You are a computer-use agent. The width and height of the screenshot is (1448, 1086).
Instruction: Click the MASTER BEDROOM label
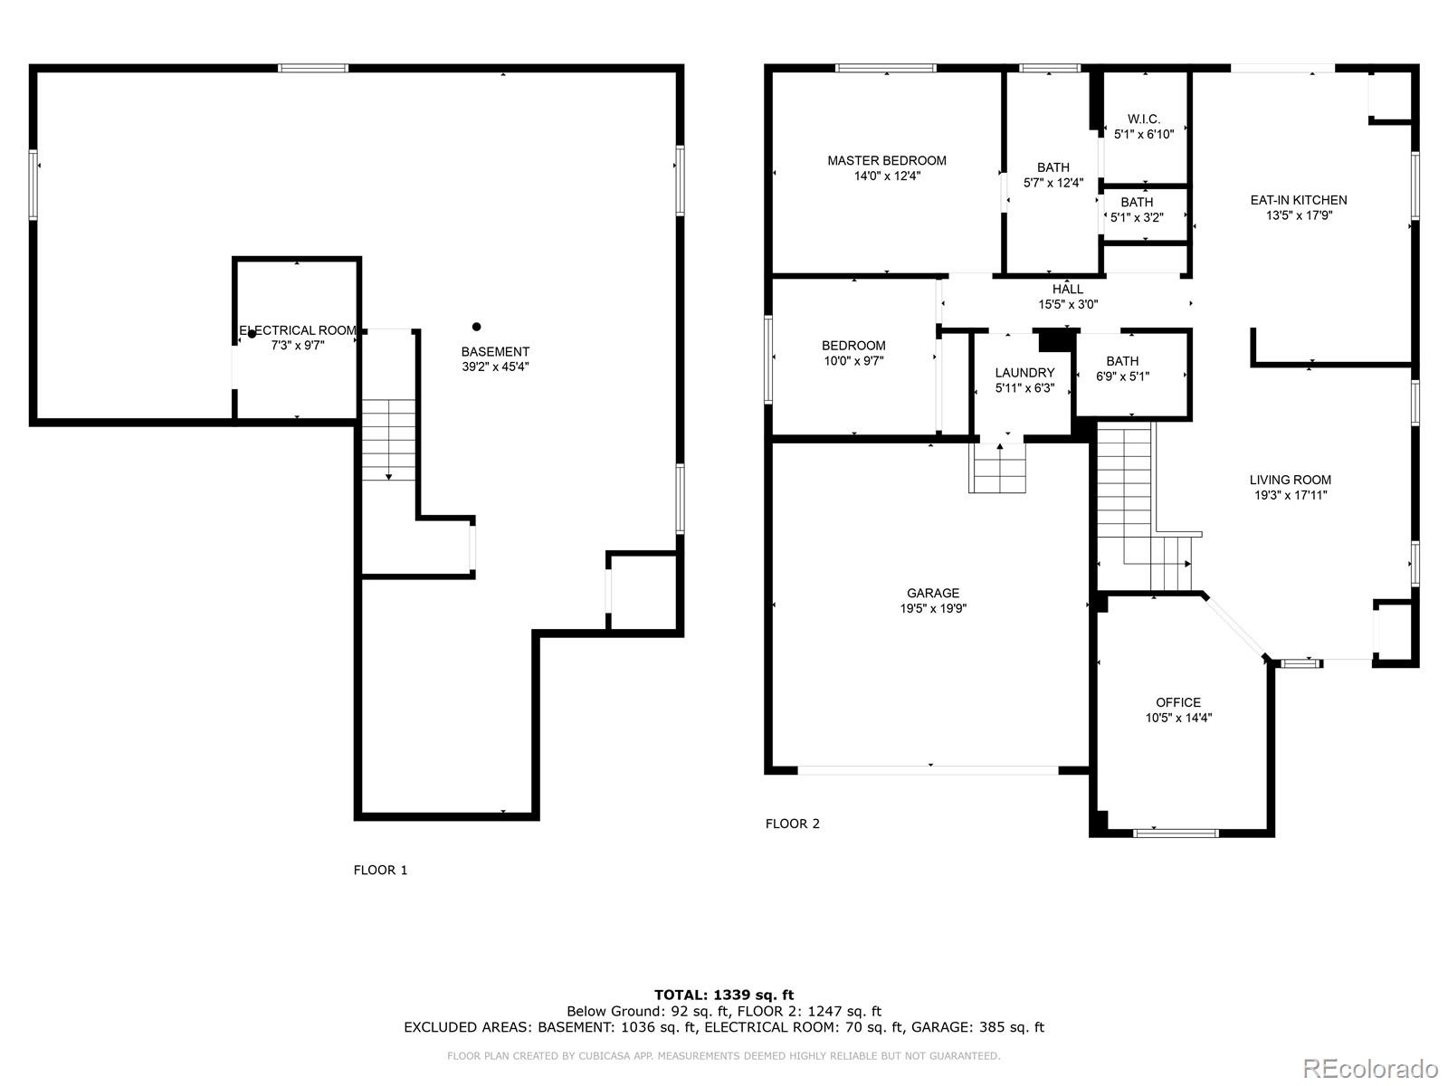(x=886, y=160)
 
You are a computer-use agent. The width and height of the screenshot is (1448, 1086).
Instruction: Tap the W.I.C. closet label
(x=1144, y=119)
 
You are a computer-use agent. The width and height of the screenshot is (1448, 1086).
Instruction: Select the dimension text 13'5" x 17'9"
(x=1299, y=215)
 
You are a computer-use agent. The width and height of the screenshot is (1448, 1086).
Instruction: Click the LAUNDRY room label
(x=1024, y=372)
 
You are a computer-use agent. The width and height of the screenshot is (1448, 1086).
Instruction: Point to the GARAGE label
(x=932, y=594)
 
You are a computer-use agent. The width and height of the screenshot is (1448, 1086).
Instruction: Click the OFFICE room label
(x=1178, y=702)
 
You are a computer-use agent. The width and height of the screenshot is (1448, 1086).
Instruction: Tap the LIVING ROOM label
(x=1290, y=480)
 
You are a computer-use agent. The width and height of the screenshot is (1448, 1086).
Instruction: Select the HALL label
(x=1068, y=290)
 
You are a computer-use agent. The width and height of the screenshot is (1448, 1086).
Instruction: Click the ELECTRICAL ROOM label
(x=298, y=330)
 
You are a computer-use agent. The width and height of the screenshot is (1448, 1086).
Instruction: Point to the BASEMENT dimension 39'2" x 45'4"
(x=495, y=367)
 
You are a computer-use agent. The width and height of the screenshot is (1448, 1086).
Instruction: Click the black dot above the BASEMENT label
(x=477, y=327)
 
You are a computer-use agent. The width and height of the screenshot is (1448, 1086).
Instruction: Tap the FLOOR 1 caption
(x=380, y=870)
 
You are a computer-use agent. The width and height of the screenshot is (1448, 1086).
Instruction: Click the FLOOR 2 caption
(x=793, y=824)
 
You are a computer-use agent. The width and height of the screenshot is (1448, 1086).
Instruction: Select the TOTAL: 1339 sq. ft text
(x=724, y=995)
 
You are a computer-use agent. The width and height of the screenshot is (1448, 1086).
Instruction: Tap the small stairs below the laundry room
(x=998, y=470)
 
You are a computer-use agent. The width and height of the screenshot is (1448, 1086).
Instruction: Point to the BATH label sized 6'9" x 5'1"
(x=1122, y=361)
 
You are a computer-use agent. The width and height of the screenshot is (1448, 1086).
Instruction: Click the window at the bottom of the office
(x=1176, y=832)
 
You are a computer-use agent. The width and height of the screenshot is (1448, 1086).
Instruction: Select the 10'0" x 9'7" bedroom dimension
(x=853, y=360)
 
